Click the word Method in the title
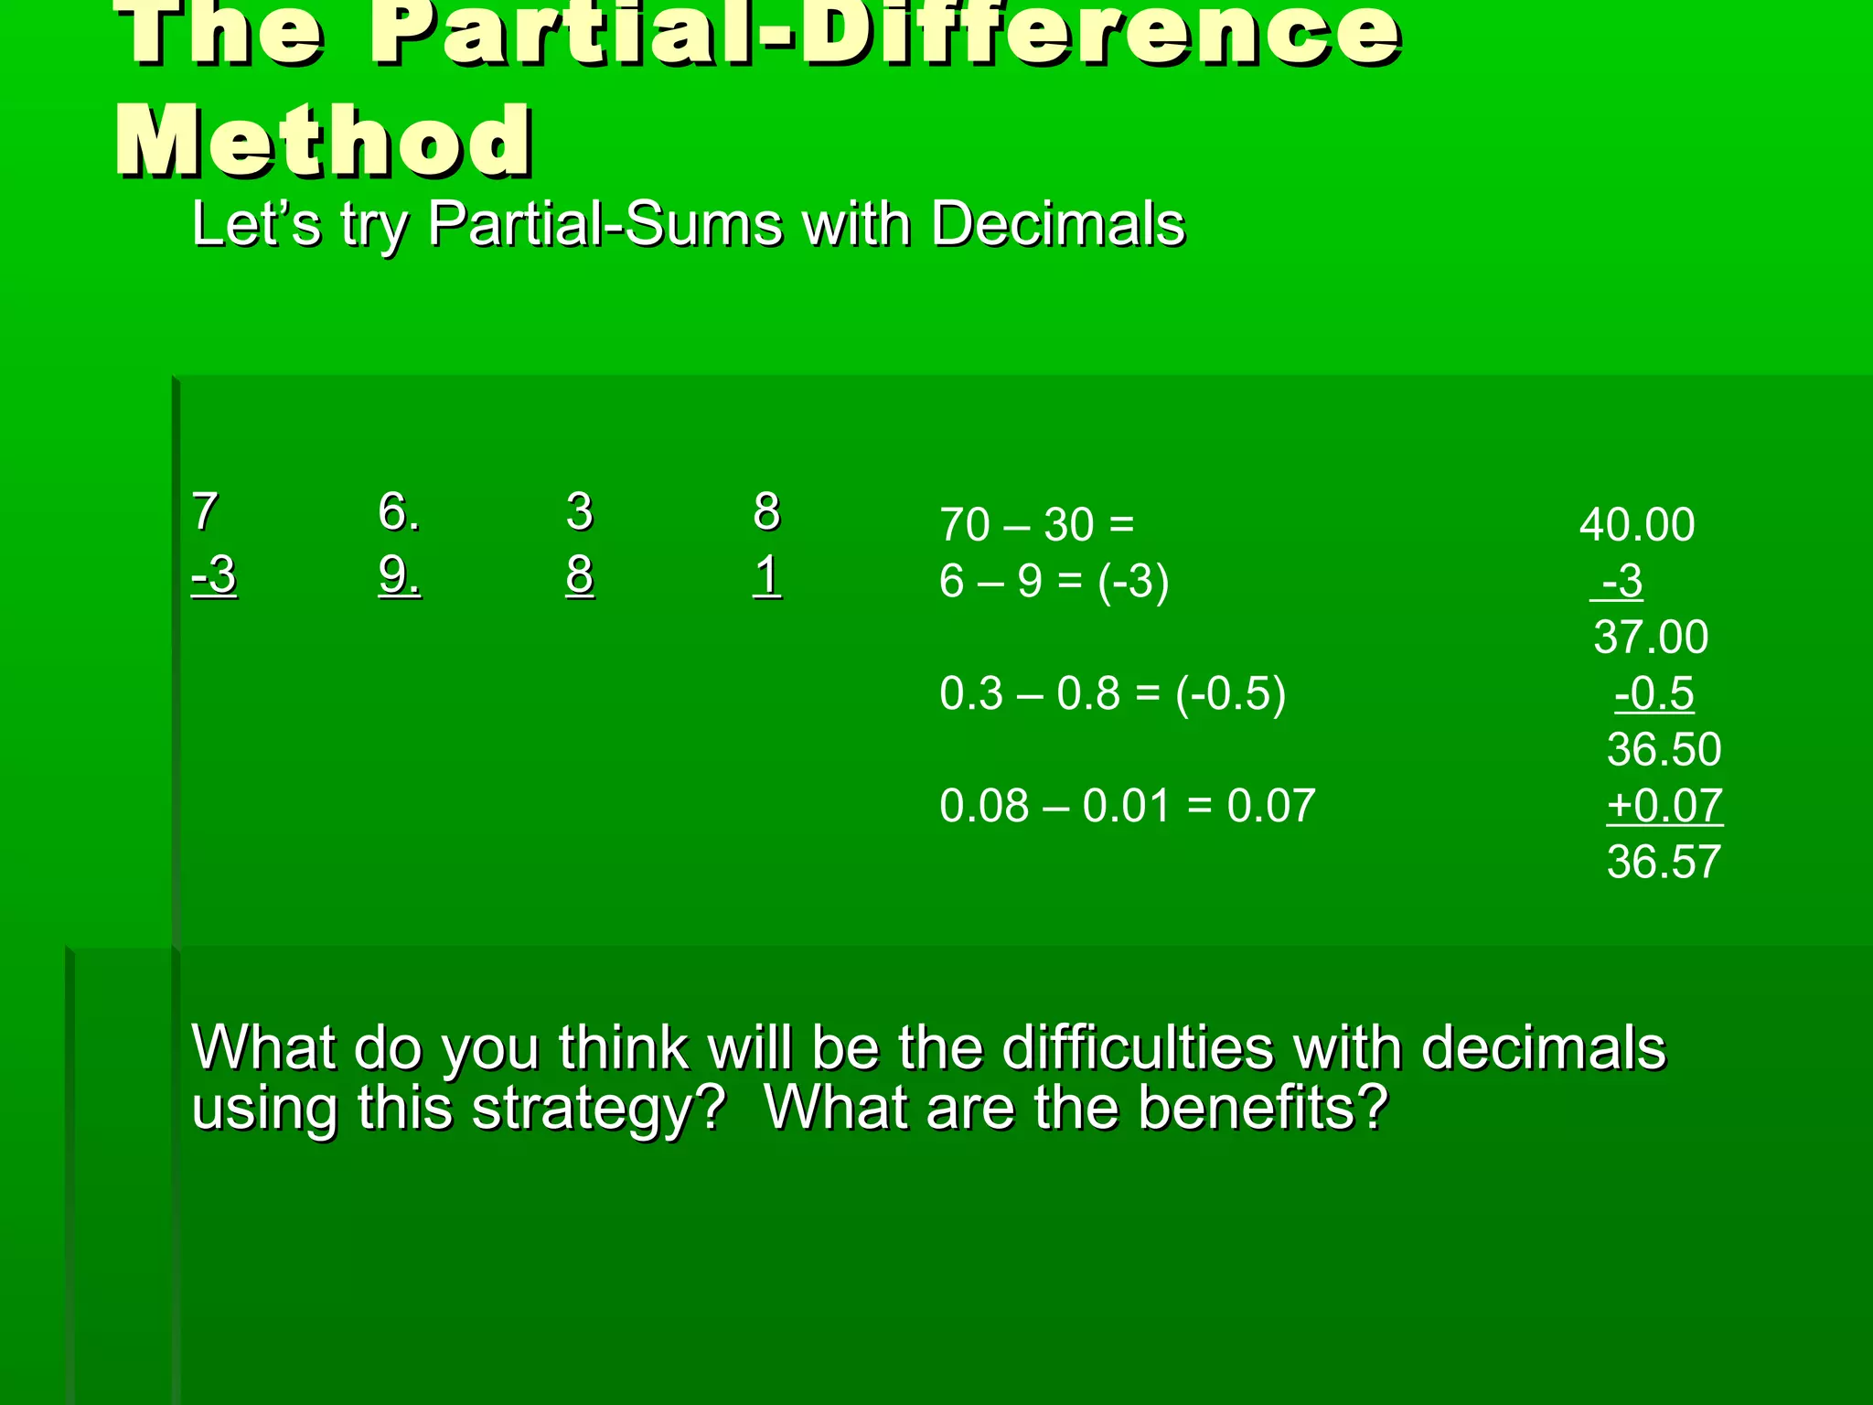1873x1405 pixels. point(324,142)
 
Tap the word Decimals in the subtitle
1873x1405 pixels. point(1057,224)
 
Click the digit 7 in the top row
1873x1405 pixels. point(205,511)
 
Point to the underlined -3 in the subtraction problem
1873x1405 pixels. point(214,576)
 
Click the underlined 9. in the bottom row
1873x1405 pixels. point(400,576)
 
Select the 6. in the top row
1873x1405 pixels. point(400,511)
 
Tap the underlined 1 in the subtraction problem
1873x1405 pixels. point(767,576)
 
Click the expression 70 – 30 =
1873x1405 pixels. point(1037,525)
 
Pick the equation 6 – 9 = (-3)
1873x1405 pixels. point(1054,581)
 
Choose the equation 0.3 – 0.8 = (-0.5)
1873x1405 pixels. point(1112,693)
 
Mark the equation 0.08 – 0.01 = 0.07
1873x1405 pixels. point(1127,806)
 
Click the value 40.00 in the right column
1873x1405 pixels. point(1637,525)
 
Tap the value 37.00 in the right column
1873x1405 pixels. point(1651,637)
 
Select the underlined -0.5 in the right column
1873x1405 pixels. point(1654,693)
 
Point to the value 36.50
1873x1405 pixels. point(1664,749)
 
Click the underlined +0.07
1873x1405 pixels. point(1664,806)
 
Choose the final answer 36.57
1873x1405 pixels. point(1664,862)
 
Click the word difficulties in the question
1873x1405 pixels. point(1138,1047)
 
